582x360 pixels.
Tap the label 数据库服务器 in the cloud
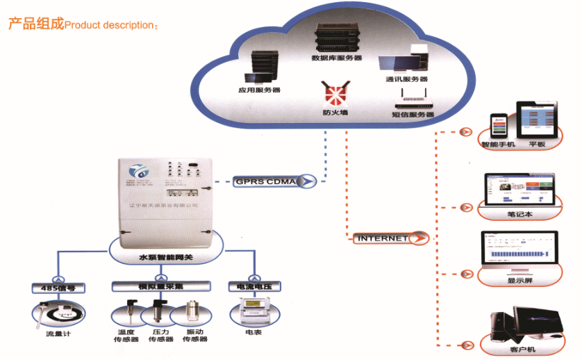(337, 58)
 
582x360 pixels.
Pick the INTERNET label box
(384, 238)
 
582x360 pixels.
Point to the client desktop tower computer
(501, 325)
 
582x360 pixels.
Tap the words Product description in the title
(108, 25)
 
